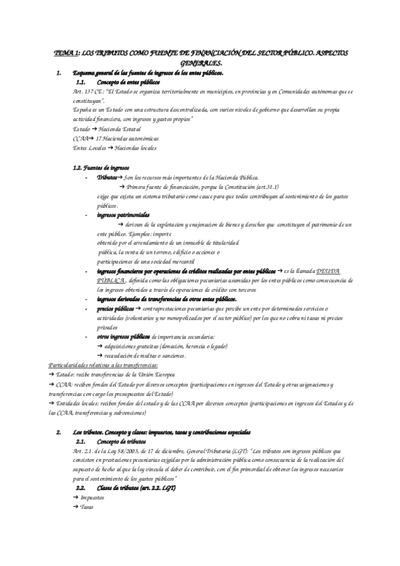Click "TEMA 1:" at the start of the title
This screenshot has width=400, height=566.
tap(66, 52)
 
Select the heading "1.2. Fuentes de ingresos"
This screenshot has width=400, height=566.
tap(102, 168)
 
